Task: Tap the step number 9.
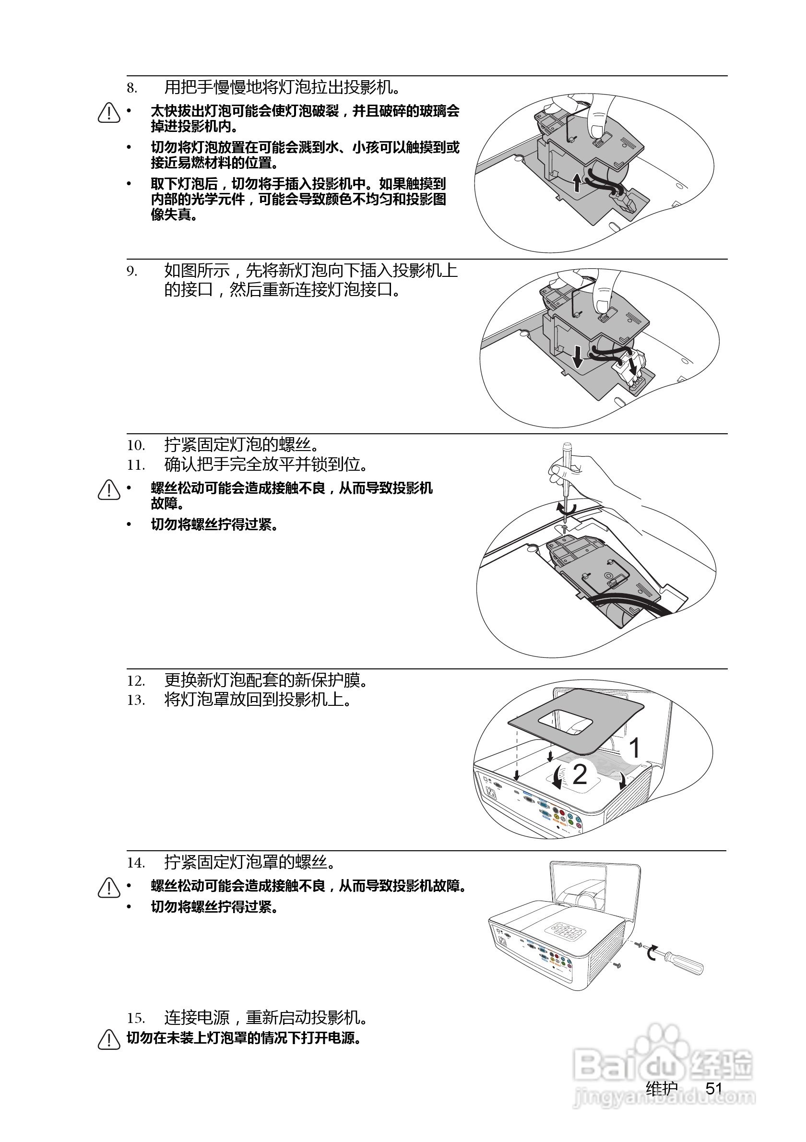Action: point(131,272)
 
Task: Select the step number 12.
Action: point(135,681)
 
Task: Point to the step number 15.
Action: point(135,1018)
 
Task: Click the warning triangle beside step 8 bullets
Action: point(109,113)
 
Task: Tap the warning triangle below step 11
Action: point(109,490)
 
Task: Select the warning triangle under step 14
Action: point(109,888)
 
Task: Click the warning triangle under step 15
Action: point(109,1039)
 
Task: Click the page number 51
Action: point(713,1088)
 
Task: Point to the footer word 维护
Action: point(662,1088)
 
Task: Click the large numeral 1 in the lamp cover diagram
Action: point(634,748)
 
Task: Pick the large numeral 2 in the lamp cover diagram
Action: point(580,774)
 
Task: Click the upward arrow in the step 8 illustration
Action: point(576,182)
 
